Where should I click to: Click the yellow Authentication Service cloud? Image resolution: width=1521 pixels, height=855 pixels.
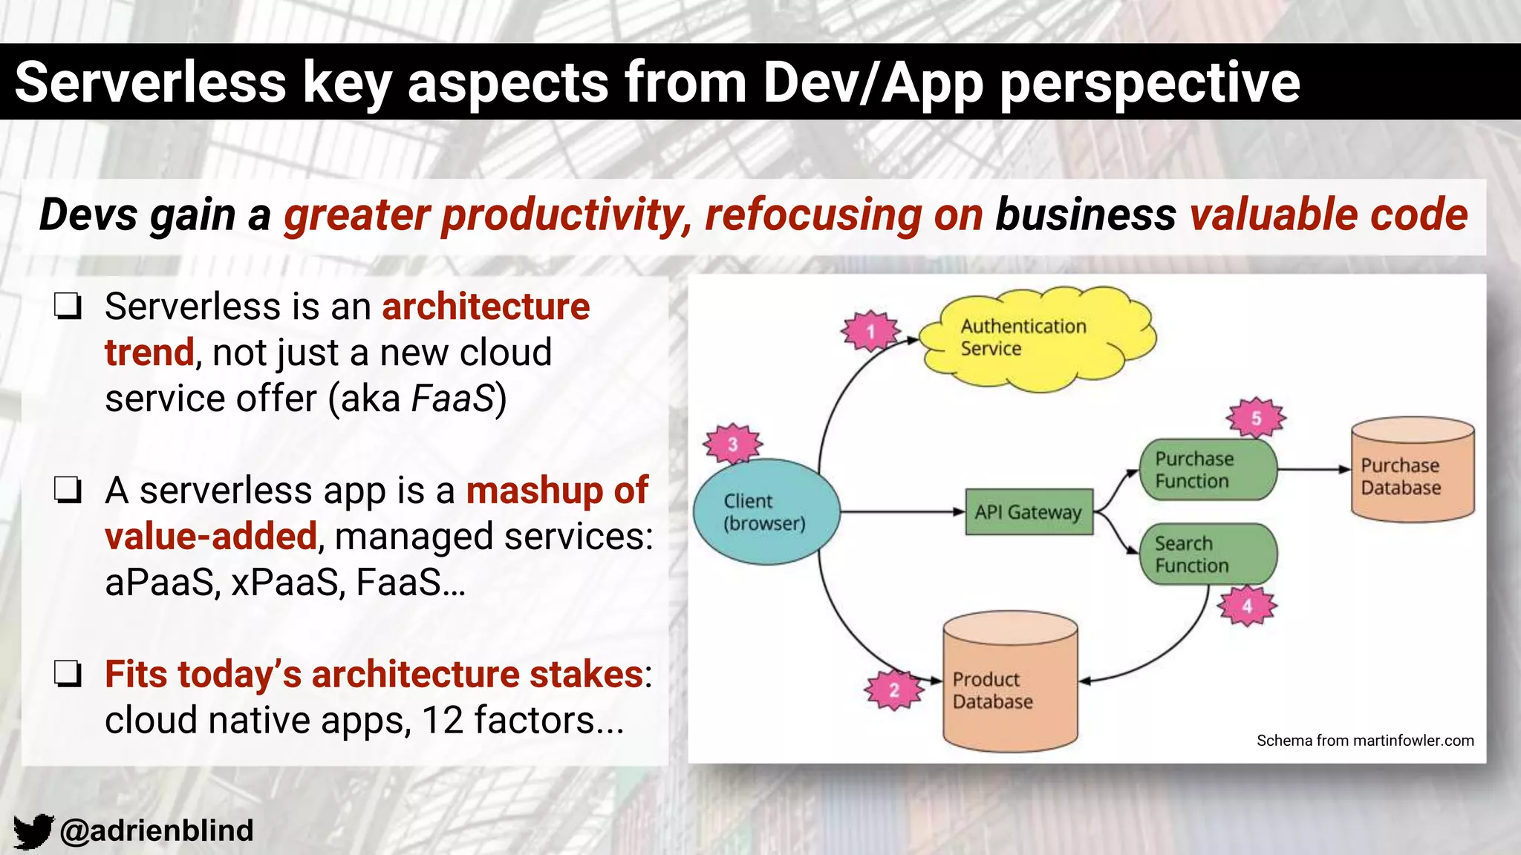click(1036, 338)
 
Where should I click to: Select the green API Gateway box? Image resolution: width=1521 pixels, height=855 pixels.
click(1029, 512)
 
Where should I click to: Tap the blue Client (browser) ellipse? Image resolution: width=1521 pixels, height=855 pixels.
click(766, 512)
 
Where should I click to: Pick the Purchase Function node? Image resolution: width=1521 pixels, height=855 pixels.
click(1207, 470)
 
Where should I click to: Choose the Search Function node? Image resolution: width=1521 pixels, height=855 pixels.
click(1207, 554)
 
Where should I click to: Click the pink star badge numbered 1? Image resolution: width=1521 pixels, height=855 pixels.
click(870, 331)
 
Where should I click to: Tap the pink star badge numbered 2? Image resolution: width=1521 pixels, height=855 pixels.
click(893, 690)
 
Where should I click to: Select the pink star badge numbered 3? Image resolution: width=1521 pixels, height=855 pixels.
click(733, 445)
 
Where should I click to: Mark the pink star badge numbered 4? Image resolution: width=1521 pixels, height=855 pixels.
click(1247, 606)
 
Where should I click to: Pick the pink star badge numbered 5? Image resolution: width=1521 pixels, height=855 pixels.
click(1256, 418)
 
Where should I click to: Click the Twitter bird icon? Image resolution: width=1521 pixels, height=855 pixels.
click(33, 831)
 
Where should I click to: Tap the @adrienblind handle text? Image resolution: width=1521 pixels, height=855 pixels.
click(157, 831)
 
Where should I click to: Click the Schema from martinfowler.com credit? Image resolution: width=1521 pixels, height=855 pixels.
click(1364, 741)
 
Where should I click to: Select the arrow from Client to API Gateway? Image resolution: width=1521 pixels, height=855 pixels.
click(902, 511)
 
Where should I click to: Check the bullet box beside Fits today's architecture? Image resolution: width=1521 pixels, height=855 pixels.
click(68, 674)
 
